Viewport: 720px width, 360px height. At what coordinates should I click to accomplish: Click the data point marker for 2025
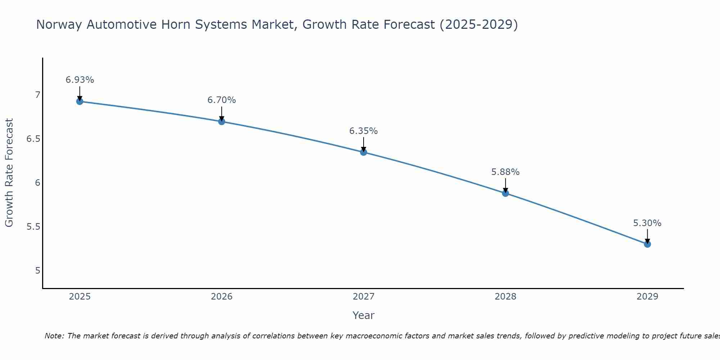click(x=80, y=102)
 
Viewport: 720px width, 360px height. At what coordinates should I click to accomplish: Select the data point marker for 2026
click(x=221, y=122)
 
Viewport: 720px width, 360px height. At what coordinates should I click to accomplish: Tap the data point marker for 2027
click(x=363, y=152)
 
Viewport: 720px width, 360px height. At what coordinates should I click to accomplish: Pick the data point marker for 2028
click(x=505, y=193)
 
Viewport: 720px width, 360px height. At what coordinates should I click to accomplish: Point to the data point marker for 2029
click(x=647, y=244)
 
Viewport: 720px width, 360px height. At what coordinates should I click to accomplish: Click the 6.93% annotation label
click(x=80, y=80)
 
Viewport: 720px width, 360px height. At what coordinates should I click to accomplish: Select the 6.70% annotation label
click(x=221, y=100)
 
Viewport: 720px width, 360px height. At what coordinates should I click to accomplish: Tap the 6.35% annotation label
click(x=363, y=131)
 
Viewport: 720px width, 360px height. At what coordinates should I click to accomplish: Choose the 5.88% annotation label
click(x=505, y=172)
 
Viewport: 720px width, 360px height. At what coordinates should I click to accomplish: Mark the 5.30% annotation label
click(x=647, y=223)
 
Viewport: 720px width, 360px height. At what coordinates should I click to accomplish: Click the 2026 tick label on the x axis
click(x=221, y=297)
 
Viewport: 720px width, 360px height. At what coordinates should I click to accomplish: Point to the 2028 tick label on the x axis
click(x=505, y=297)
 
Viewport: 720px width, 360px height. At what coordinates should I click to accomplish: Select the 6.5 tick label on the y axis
click(x=33, y=139)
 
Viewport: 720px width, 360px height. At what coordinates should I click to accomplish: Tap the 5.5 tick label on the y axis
click(x=33, y=227)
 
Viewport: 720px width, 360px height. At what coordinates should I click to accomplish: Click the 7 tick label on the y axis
click(x=37, y=95)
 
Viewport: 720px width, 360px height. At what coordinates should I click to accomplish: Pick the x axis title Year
click(x=363, y=315)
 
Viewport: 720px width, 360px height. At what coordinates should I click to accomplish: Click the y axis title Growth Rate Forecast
click(x=9, y=173)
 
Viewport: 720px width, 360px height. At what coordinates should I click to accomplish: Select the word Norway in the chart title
click(x=59, y=24)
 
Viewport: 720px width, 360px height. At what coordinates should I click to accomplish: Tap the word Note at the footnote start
click(x=54, y=336)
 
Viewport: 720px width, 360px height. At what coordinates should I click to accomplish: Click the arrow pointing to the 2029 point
click(x=647, y=236)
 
